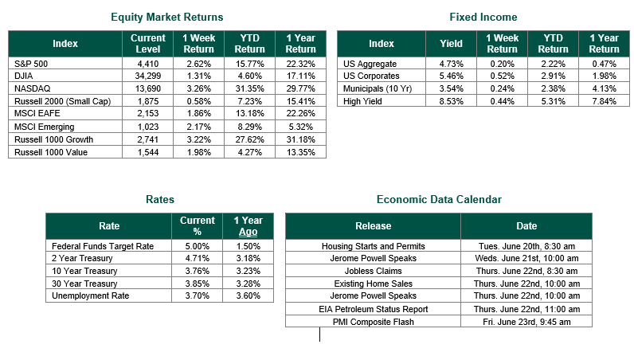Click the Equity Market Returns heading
(167, 17)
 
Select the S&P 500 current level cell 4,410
(148, 64)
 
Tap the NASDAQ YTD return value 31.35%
(250, 88)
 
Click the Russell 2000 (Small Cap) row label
(63, 101)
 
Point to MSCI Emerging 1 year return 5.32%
(301, 127)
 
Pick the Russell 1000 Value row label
(51, 152)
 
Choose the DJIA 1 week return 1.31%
(199, 76)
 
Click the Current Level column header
(148, 44)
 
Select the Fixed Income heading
(483, 17)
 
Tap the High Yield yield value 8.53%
(452, 101)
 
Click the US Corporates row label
(371, 76)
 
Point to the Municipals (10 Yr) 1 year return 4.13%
(604, 88)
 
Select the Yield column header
(452, 44)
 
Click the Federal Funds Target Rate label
(103, 246)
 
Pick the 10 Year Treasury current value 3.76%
(198, 271)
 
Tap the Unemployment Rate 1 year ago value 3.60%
(249, 295)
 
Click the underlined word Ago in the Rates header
(249, 232)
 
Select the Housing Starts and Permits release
(374, 246)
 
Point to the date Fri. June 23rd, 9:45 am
(526, 322)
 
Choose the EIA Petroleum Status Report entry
(374, 310)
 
